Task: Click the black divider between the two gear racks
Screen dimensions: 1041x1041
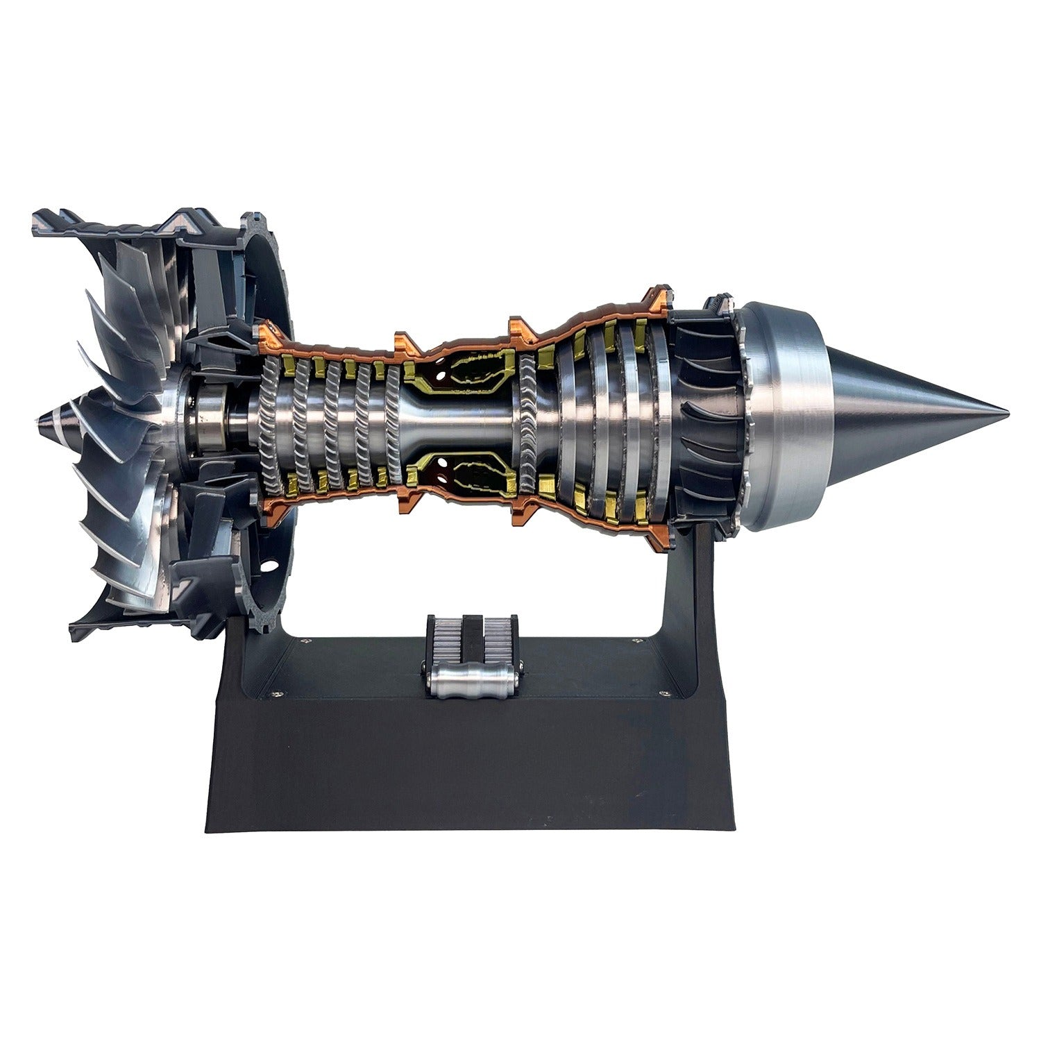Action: click(x=472, y=638)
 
